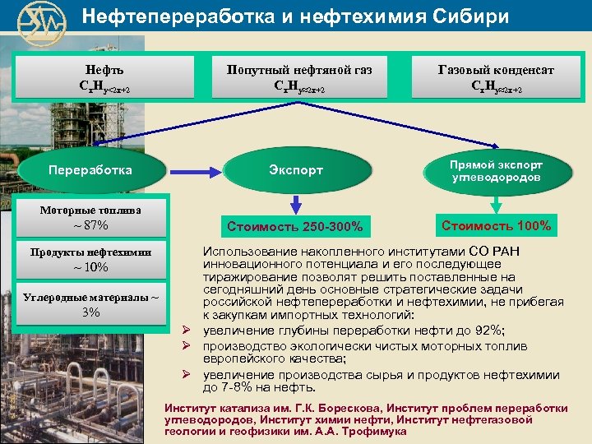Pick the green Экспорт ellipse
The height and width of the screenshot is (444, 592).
click(296, 170)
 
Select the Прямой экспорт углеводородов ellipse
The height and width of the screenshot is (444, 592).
click(495, 171)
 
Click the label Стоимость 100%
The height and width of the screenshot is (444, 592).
click(496, 224)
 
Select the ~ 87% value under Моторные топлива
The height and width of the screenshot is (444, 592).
click(90, 225)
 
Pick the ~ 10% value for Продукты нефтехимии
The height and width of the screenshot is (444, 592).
click(90, 267)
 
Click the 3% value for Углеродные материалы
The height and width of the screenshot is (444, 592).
click(90, 312)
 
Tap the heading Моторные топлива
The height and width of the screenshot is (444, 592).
click(90, 210)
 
